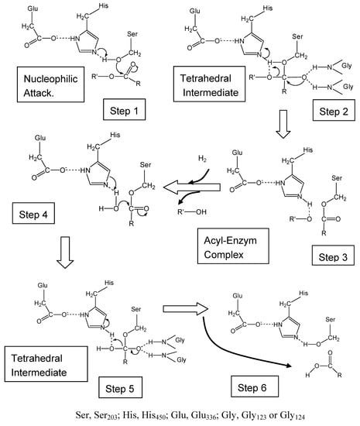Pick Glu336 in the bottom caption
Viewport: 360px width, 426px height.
tap(194, 413)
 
